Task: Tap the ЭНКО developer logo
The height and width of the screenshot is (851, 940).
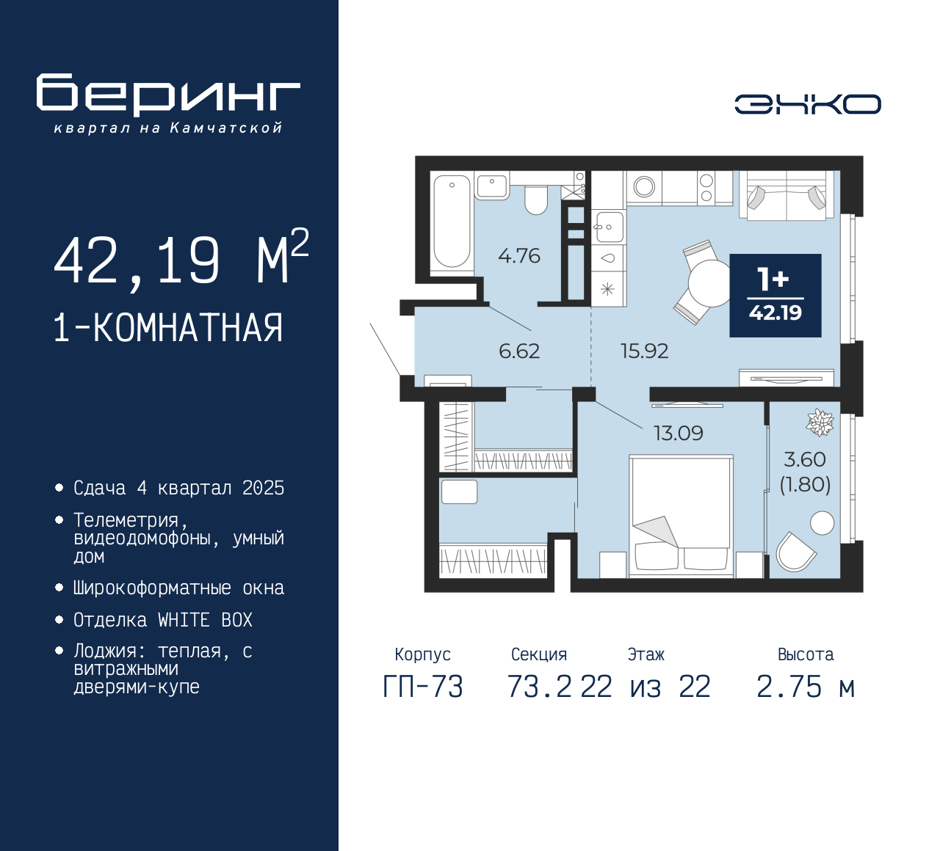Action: click(x=807, y=104)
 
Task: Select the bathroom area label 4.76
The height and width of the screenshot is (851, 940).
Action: click(x=518, y=256)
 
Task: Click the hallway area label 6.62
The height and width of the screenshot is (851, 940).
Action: click(x=518, y=351)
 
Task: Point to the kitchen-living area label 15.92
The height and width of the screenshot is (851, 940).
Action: click(x=644, y=351)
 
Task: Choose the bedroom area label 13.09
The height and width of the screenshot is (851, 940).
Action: click(x=678, y=434)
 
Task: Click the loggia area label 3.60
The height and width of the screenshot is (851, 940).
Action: click(x=804, y=460)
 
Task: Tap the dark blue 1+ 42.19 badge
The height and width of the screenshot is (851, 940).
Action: click(x=775, y=296)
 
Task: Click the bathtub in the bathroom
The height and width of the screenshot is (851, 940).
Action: click(x=451, y=221)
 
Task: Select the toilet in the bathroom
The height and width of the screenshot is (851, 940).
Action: click(x=536, y=200)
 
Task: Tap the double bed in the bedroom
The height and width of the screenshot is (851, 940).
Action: click(x=681, y=514)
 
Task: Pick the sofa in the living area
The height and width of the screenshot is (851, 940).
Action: click(x=787, y=195)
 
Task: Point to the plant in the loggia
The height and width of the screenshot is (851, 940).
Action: click(x=820, y=423)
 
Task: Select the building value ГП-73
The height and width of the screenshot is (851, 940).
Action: click(x=422, y=687)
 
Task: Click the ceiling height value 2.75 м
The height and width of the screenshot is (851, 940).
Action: click(x=805, y=687)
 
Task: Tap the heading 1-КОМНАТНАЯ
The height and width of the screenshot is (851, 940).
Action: click(x=168, y=328)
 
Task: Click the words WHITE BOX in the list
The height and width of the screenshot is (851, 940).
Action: click(x=205, y=621)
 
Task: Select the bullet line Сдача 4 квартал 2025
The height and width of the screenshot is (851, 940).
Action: click(x=178, y=489)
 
